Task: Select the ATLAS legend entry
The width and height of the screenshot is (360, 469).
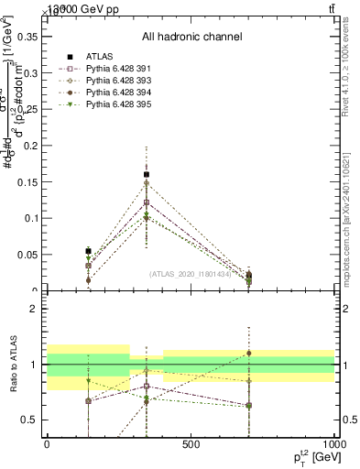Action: point(89,56)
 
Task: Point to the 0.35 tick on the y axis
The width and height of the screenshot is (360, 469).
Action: point(27,38)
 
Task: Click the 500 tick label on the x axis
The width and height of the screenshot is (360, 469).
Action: point(191,445)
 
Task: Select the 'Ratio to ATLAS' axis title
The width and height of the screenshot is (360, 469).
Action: point(11,364)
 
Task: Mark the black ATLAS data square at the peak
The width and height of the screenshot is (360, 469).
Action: point(147,174)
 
